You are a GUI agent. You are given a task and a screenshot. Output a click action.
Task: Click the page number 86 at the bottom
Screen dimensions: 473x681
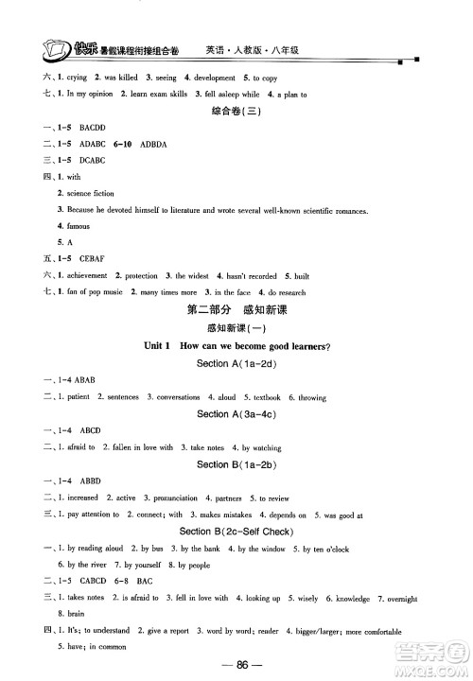[x=236, y=665]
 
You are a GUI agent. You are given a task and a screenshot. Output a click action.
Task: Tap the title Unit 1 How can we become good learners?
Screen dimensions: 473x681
[x=236, y=347]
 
